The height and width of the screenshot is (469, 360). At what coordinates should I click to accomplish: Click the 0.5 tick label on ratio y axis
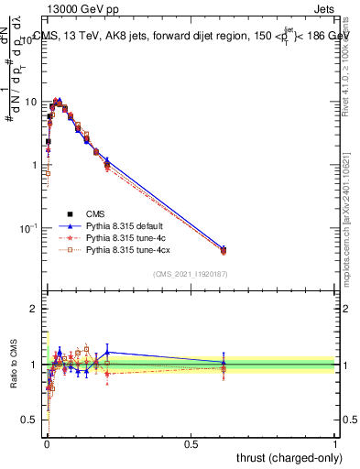29,420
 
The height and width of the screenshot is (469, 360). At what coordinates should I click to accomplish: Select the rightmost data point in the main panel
224,249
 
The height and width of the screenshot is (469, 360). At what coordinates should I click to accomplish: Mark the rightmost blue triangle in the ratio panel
224,362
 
